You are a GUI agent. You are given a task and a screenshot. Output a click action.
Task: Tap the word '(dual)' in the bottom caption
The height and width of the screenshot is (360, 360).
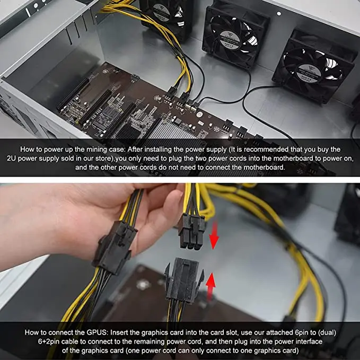pyautogui.click(x=325, y=332)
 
